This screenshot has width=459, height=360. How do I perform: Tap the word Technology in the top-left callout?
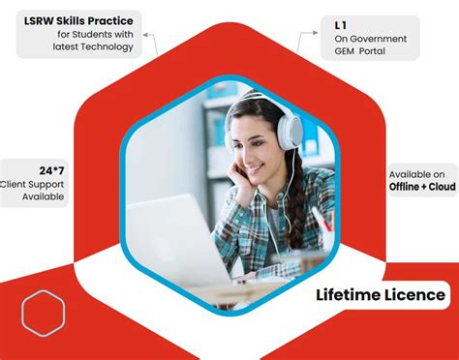coord(107,47)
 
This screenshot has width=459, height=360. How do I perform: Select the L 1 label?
coord(340,23)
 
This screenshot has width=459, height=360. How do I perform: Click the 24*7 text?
coord(52,169)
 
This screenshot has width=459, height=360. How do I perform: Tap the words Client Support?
coord(34,183)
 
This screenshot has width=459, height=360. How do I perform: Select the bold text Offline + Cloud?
coord(421,186)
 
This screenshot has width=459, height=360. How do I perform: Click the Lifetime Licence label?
coord(382,294)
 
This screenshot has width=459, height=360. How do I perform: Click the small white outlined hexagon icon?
coord(44,314)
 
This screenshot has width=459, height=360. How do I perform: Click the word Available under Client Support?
coord(43,196)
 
